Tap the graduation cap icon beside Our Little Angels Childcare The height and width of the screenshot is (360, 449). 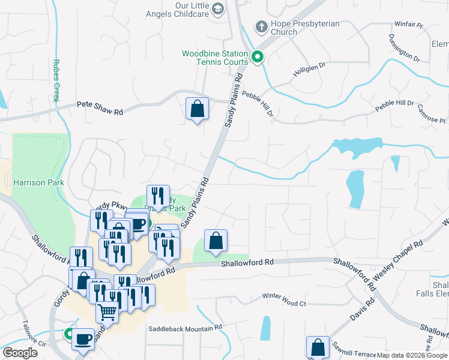point(218,8)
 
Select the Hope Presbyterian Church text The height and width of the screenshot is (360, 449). point(304,28)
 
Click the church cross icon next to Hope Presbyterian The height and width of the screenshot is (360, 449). point(261,26)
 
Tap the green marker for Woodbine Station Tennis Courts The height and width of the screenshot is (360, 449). point(258,58)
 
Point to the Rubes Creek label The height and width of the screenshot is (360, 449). point(57,80)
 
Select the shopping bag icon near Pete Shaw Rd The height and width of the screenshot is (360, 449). point(197,109)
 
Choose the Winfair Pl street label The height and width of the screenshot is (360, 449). point(409,25)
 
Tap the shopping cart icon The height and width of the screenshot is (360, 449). point(107,313)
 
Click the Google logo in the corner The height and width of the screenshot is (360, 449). point(20,353)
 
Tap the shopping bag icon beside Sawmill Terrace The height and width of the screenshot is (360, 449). point(318,347)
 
